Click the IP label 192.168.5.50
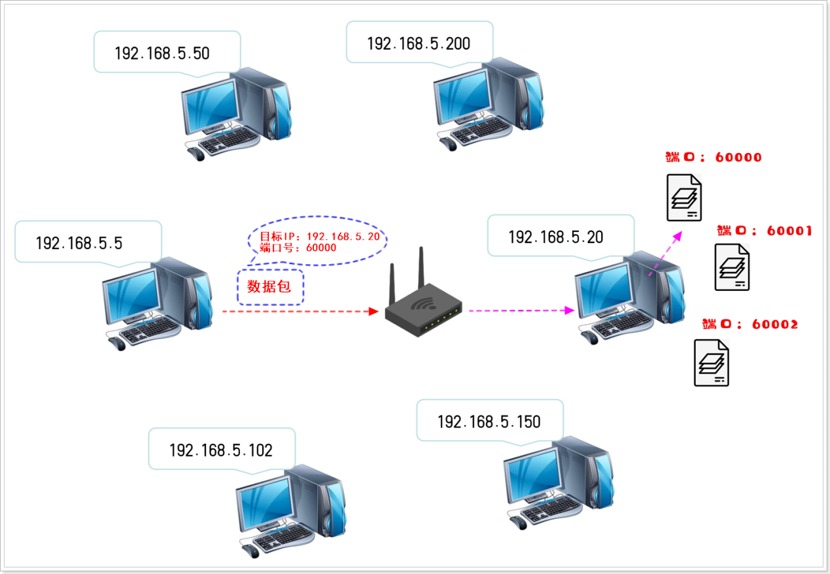click(x=162, y=53)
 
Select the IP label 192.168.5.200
click(x=419, y=44)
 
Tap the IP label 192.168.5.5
click(x=79, y=243)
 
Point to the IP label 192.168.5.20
click(x=555, y=237)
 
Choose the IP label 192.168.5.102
click(x=220, y=450)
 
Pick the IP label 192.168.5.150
click(x=489, y=422)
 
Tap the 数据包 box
click(x=269, y=286)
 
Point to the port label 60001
click(x=764, y=231)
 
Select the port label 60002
click(x=750, y=324)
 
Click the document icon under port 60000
click(x=684, y=197)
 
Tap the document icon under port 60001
click(x=732, y=267)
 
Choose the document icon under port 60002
click(x=712, y=362)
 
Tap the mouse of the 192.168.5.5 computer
click(x=117, y=344)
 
